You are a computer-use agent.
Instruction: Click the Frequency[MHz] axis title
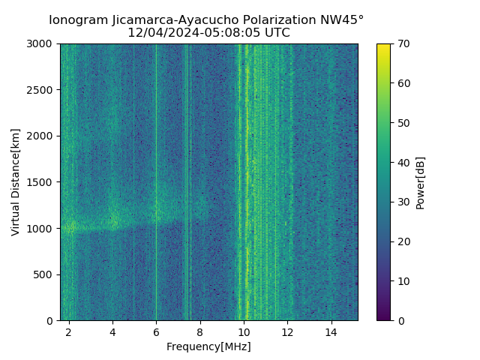(x=208, y=346)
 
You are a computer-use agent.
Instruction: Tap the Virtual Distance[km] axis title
(x=16, y=182)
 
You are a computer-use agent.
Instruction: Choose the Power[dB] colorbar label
(x=421, y=182)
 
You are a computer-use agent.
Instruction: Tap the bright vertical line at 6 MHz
(x=156, y=150)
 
